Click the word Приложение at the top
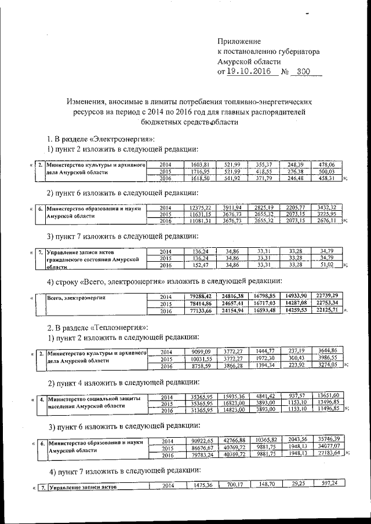click(239, 41)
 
